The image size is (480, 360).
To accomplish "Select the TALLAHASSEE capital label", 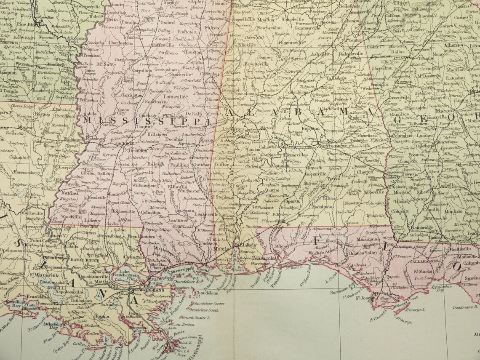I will (x=423, y=261).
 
